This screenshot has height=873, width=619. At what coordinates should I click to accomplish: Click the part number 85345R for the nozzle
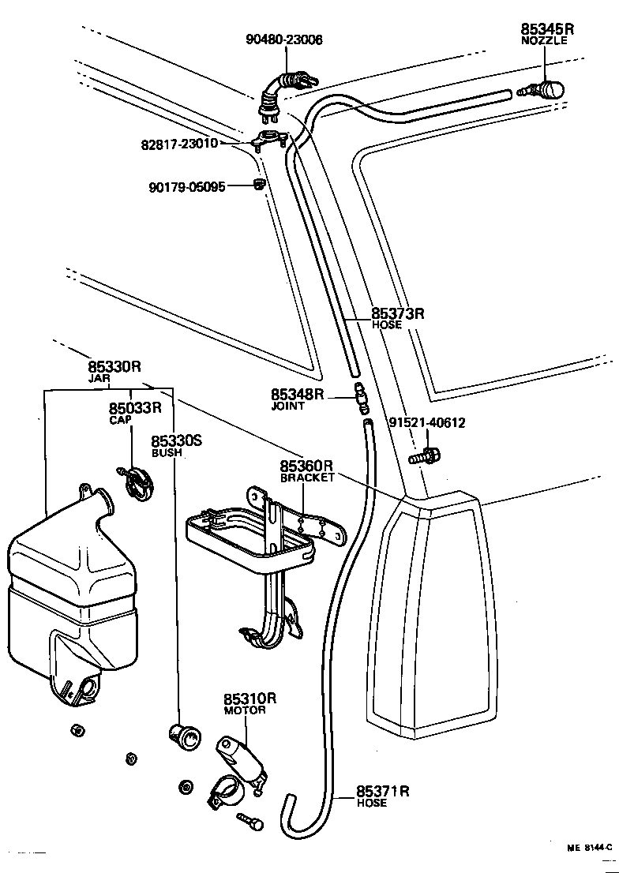point(547,29)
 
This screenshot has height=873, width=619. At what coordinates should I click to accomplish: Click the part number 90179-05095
point(187,187)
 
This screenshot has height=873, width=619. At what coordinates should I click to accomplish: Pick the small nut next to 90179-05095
point(257,185)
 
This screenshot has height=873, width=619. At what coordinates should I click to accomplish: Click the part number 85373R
point(398,313)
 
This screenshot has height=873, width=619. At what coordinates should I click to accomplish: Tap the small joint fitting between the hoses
point(360,397)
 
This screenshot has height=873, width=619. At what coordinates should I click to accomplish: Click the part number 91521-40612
point(427,423)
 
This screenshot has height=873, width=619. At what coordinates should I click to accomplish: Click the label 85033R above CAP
point(135,408)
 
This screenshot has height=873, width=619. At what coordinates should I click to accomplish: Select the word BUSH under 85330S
point(167,453)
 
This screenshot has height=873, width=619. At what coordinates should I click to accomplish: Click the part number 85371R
point(382,791)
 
